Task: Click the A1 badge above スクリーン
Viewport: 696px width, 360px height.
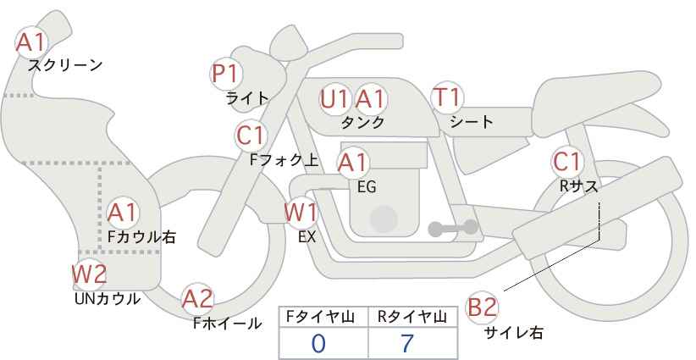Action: pos(32,42)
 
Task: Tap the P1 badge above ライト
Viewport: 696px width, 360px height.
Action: pos(225,75)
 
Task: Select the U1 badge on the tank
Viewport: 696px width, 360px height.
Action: pos(334,99)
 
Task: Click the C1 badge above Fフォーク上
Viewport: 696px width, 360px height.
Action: pos(251,136)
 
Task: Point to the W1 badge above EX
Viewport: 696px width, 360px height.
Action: pos(301,212)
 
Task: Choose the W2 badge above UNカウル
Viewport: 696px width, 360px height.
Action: pos(89,274)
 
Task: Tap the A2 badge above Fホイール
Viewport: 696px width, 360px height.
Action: pos(198,299)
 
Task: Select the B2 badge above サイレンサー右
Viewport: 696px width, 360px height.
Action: pos(483,307)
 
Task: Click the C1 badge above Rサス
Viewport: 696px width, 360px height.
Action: pos(567,161)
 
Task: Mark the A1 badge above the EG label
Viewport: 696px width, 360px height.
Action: pos(353,162)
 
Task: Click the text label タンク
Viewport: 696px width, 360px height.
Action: pos(362,123)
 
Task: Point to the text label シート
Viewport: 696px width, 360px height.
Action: pos(472,122)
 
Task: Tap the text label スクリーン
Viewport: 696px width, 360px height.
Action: pos(65,65)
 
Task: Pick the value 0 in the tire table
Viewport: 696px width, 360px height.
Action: pos(318,344)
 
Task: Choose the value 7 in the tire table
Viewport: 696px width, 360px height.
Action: pos(408,344)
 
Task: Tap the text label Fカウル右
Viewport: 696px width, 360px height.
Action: pos(141,237)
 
